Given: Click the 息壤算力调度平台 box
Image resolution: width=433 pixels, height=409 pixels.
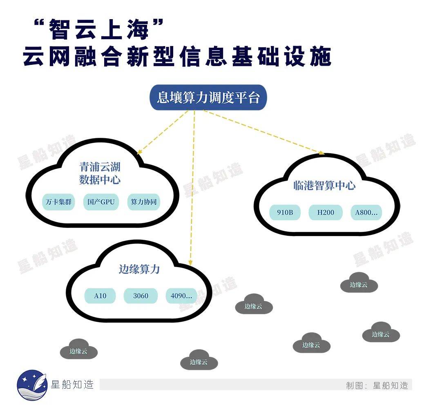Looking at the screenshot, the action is point(208,97).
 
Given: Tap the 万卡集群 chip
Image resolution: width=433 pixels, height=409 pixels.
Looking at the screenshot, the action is point(58,202).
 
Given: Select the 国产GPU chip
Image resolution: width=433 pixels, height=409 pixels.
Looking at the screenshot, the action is point(101,202).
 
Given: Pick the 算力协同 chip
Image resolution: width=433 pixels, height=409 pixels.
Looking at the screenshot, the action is point(144,202).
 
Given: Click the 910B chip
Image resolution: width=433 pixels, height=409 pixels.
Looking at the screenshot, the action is point(285,212).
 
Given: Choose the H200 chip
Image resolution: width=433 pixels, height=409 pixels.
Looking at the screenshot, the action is point(326,212).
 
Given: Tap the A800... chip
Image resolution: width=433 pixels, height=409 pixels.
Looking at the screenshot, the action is point(366,212).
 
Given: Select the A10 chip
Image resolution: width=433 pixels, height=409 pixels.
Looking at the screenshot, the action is point(100,296).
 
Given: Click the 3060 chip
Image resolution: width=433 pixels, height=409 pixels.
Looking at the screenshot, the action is point(141,296).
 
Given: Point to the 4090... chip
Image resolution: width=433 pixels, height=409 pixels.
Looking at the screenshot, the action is point(181,296).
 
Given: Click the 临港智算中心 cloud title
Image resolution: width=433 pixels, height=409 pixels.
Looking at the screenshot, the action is point(324,186).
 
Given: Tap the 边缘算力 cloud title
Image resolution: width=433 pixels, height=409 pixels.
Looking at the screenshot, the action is point(139,269).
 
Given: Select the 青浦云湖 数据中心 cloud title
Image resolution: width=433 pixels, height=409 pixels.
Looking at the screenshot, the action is point(100,173).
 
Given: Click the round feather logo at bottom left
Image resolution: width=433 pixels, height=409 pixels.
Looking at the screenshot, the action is point(32,385).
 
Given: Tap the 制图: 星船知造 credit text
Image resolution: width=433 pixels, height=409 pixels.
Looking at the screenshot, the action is point(377,385).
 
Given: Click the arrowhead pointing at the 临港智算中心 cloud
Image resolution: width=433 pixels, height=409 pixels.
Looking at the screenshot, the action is point(322,153).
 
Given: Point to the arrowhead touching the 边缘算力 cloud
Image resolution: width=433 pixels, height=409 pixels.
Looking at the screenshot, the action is point(190,263).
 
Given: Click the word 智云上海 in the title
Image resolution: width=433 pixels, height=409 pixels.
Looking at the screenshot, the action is point(98,29).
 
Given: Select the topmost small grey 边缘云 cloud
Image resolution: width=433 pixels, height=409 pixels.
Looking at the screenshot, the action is point(359,283).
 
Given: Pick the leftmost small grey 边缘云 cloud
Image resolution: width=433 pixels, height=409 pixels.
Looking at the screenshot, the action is point(79,349).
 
